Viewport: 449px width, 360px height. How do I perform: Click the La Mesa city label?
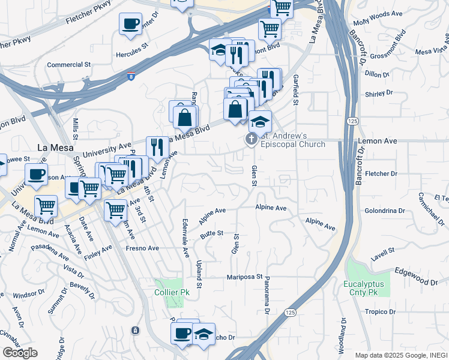tap(55, 147)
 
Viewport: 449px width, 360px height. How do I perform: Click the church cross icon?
tap(251, 140)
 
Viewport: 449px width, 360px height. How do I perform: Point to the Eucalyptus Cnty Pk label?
tap(368, 287)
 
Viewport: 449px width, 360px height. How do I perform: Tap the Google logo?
tap(20, 353)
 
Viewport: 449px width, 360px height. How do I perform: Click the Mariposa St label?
tap(244, 277)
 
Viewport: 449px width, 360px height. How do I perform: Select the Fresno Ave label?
tap(142, 248)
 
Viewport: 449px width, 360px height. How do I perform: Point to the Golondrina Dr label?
tap(381, 211)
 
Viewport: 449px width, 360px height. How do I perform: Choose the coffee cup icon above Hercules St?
tap(130, 25)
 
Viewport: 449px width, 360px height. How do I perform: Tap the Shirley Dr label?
tap(379, 93)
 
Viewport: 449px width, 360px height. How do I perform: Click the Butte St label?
tap(212, 233)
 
